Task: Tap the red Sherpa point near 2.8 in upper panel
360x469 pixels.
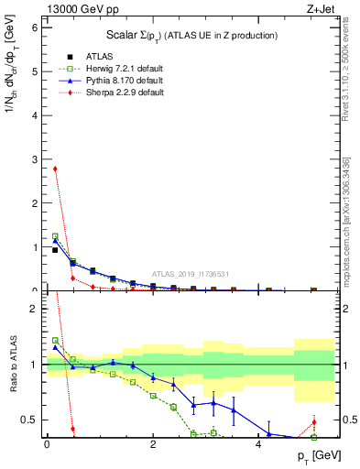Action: click(56, 169)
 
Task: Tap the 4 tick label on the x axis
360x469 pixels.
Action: click(259, 446)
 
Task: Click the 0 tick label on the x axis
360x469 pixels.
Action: click(46, 446)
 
